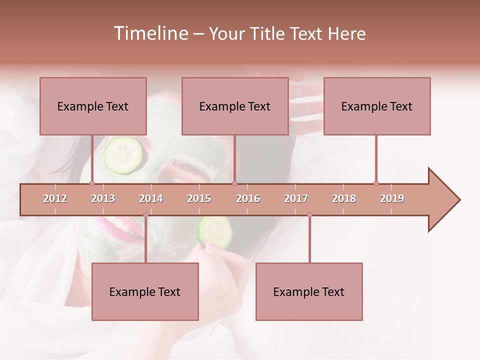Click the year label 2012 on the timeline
[55, 198]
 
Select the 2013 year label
[103, 198]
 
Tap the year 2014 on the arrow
[151, 198]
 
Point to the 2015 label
[199, 198]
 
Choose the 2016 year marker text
[248, 198]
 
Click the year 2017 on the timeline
[296, 198]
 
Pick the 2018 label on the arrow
[344, 198]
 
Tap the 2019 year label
[392, 198]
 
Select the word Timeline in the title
[149, 33]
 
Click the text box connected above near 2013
[93, 106]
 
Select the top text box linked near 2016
[235, 106]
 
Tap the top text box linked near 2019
[377, 106]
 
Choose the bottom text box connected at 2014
[145, 291]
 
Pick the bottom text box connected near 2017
[309, 291]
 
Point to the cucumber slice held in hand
[216, 231]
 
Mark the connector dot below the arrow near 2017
[309, 214]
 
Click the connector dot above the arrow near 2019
[376, 183]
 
